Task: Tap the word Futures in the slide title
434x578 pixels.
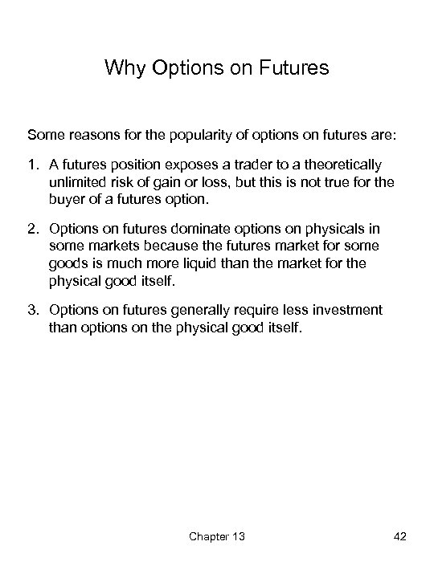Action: point(294,68)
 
